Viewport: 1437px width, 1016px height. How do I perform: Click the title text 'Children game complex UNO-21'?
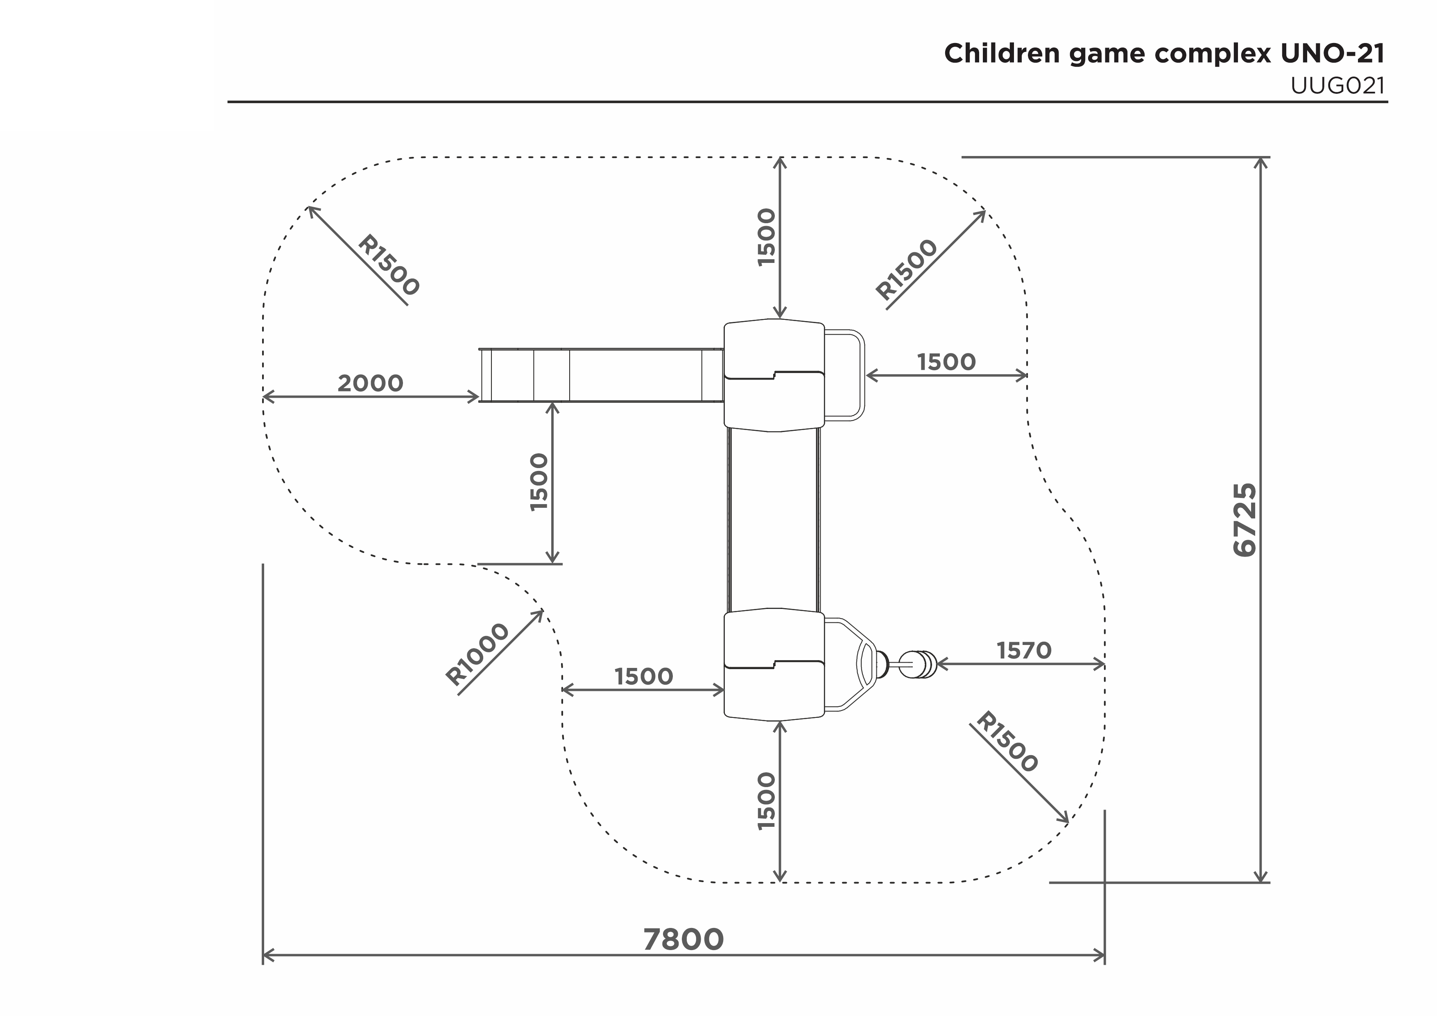(1164, 54)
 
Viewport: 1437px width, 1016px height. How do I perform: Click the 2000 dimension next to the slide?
(371, 383)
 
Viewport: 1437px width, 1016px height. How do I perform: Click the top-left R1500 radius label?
(388, 265)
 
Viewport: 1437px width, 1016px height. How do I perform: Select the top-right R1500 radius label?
(907, 269)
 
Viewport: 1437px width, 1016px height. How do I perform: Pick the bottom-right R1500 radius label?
(1007, 742)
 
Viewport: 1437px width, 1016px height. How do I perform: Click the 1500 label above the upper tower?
(766, 237)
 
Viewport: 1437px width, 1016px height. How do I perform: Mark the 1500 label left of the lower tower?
(643, 677)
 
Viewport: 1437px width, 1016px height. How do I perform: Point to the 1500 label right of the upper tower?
(946, 362)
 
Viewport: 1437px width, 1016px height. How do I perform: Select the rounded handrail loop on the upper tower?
(863, 375)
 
